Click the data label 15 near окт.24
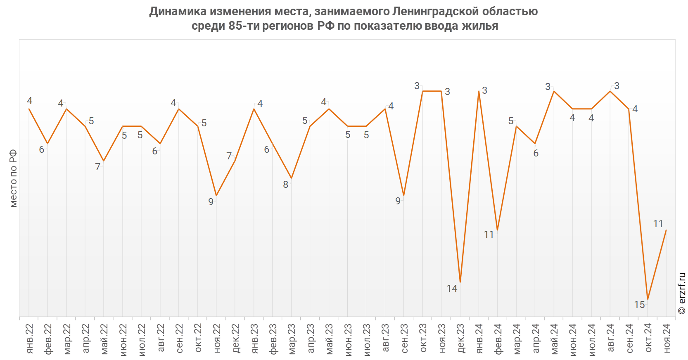point(639,305)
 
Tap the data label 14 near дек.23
point(452,289)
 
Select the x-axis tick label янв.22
point(30,339)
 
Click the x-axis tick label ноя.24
point(667,339)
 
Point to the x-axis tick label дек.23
point(461,339)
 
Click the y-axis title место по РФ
point(13,178)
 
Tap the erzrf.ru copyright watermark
point(682,293)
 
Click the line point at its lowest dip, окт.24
point(648,299)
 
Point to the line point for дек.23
point(460,282)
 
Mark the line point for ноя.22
point(216,196)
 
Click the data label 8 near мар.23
point(285,185)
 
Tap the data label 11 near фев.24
point(489,234)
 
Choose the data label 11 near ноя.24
point(658,224)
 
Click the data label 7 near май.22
point(97,167)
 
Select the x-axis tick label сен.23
point(404,339)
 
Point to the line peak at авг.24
point(610,91)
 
